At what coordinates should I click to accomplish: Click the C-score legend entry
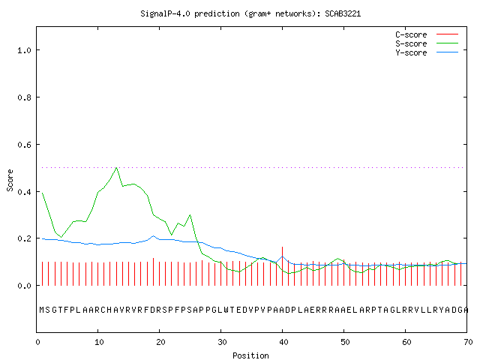click(427, 34)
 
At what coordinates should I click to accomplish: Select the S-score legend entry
click(427, 43)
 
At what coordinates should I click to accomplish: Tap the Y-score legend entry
click(427, 52)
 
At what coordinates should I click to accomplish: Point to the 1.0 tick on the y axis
click(24, 50)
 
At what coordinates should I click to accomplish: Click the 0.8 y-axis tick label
click(24, 97)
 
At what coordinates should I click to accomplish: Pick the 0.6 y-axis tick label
click(24, 145)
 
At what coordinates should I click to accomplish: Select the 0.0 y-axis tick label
click(24, 286)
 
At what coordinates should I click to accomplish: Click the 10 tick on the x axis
click(99, 342)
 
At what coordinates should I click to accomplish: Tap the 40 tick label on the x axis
click(283, 342)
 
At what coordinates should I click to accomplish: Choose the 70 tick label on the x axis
click(468, 342)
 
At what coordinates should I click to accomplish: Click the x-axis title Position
click(250, 355)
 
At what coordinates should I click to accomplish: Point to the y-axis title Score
click(10, 180)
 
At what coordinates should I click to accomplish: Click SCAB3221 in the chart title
click(343, 13)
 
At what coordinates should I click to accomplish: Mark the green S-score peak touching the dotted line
click(116, 168)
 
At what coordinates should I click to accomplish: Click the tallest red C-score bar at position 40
click(282, 266)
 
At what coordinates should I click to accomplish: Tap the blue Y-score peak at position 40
click(282, 256)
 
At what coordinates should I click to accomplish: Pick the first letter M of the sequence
click(42, 310)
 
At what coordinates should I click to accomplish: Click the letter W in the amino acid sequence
click(226, 310)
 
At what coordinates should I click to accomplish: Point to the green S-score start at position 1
click(43, 193)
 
